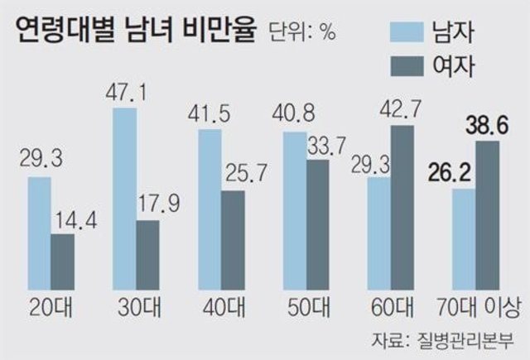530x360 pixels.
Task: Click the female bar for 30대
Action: pos(148,252)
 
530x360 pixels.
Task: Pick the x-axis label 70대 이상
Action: pos(477,308)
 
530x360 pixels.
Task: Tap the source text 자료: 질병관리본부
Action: pos(442,339)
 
